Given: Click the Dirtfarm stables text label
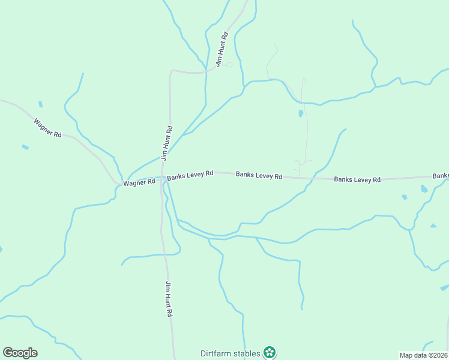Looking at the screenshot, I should (x=231, y=353).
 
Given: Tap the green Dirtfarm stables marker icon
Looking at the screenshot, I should (x=270, y=353).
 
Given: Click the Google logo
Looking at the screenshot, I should (x=20, y=353).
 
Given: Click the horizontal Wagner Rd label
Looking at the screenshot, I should (x=139, y=182).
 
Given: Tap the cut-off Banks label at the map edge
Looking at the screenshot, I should (x=441, y=176).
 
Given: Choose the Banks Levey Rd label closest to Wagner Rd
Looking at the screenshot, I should (x=190, y=175).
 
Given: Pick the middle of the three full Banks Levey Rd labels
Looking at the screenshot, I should (x=259, y=176).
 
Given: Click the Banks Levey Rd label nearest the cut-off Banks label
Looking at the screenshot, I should (x=357, y=179).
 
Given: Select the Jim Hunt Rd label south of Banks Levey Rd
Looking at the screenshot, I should (x=169, y=299).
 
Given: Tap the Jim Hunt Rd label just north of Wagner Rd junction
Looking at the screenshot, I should (x=167, y=143).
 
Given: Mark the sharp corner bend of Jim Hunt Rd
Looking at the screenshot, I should (x=172, y=71).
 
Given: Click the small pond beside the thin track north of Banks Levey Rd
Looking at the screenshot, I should (x=301, y=113).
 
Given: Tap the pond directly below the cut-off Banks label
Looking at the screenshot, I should (x=424, y=188).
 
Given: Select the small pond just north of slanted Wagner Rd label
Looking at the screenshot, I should (x=40, y=104).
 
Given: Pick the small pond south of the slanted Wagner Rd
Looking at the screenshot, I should (x=25, y=147).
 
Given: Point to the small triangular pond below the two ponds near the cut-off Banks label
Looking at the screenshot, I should (x=433, y=226).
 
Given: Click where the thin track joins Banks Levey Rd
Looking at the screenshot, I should (x=300, y=178).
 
